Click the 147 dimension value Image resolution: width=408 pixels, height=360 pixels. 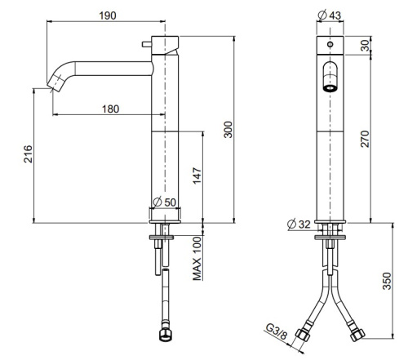196,175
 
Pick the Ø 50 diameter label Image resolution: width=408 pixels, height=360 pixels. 166,202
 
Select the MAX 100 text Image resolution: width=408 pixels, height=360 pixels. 197,259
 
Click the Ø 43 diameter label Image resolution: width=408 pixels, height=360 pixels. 329,15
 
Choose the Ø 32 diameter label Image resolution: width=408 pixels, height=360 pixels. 301,224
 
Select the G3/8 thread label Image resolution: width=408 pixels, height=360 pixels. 277,331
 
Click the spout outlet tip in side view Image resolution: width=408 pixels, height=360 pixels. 58,82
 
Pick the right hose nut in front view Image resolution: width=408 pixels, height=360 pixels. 357,336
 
